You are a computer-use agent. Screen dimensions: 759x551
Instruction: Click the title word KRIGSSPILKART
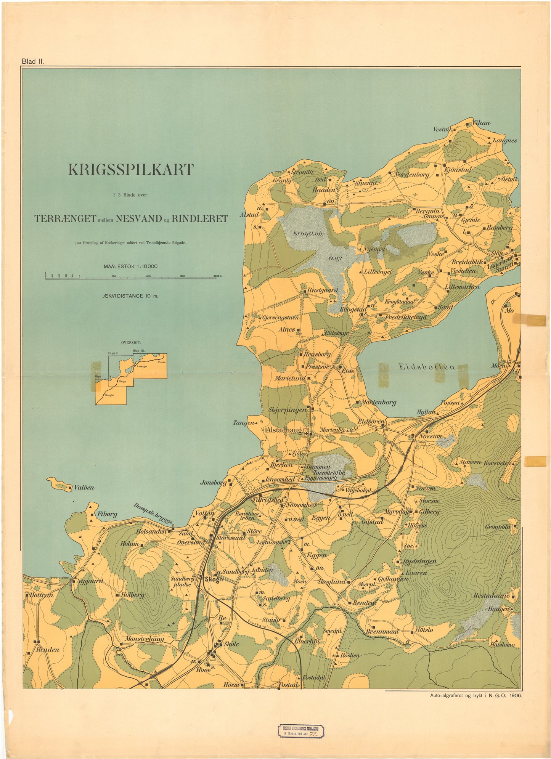pyautogui.click(x=131, y=170)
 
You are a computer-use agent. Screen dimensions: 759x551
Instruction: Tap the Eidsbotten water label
pyautogui.click(x=427, y=367)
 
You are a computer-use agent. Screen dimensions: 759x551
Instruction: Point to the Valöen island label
pyautogui.click(x=84, y=487)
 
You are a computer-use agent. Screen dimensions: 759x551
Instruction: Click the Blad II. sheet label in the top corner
pyautogui.click(x=33, y=61)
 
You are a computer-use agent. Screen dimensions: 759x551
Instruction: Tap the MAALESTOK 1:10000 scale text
pyautogui.click(x=130, y=266)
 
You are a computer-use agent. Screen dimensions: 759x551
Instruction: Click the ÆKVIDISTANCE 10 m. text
pyautogui.click(x=130, y=295)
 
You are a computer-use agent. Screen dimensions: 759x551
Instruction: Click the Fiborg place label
pyautogui.click(x=107, y=514)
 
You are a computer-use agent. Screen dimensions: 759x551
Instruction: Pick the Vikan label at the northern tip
pyautogui.click(x=481, y=123)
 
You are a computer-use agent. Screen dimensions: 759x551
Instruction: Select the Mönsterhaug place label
pyautogui.click(x=144, y=639)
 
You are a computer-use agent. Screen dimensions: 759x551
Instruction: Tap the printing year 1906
pyautogui.click(x=514, y=695)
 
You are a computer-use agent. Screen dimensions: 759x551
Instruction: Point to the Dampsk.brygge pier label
pyautogui.click(x=153, y=513)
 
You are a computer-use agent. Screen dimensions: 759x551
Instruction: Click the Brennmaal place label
pyautogui.click(x=382, y=632)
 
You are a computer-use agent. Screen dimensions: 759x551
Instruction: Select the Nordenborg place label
pyautogui.click(x=411, y=175)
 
